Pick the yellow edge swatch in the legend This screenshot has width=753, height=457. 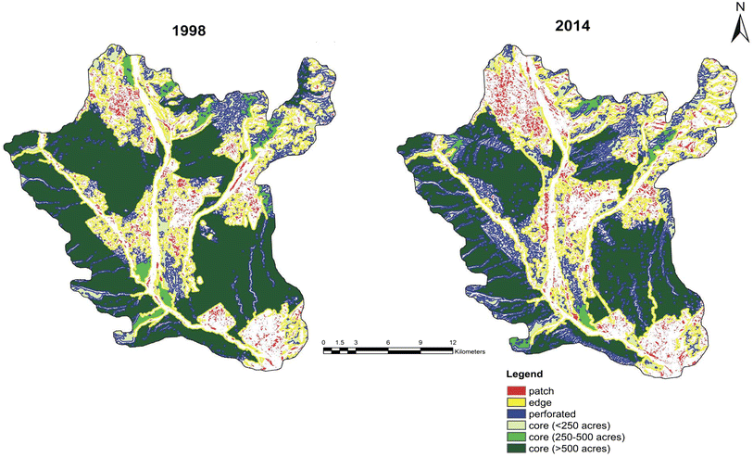click(x=517, y=403)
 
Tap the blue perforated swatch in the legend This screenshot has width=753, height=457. click(x=517, y=414)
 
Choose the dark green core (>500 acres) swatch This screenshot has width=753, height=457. click(x=517, y=448)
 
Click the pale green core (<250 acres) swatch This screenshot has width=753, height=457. click(x=517, y=425)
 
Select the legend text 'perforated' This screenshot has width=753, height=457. click(x=554, y=414)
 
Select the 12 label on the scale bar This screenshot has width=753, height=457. click(x=452, y=343)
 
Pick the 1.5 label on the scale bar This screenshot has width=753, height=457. click(x=339, y=343)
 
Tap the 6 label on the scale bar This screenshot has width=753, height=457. click(x=388, y=343)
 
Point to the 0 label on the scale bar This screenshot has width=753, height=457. click(x=324, y=343)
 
